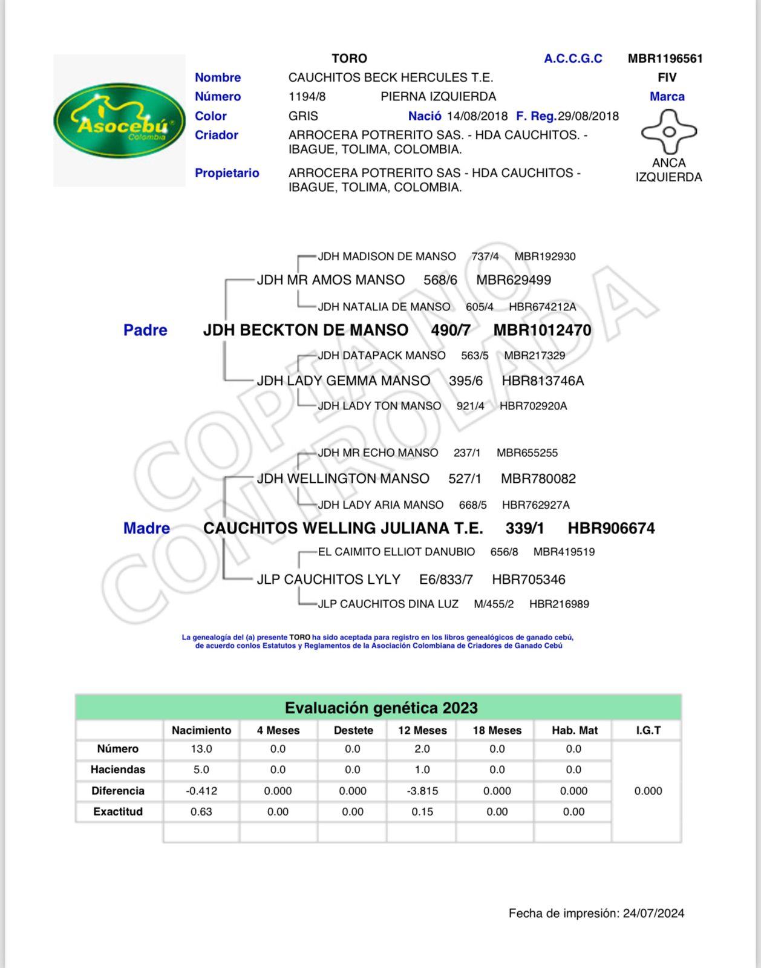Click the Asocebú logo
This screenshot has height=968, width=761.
click(x=119, y=120)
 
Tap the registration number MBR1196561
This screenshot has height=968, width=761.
click(x=665, y=59)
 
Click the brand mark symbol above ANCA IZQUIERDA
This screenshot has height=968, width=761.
click(x=668, y=131)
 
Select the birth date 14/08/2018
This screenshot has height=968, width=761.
click(x=477, y=116)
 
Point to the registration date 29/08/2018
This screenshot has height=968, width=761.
click(x=588, y=116)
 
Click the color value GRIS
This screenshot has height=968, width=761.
click(x=303, y=116)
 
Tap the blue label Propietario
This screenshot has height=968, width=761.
click(x=227, y=173)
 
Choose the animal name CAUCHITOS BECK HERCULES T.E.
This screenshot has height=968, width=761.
click(x=391, y=77)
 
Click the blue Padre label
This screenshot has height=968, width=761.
click(x=145, y=330)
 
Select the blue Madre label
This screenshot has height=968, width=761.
click(x=146, y=529)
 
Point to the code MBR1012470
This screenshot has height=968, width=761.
click(x=542, y=330)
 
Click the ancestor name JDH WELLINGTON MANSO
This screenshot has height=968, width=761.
click(x=343, y=479)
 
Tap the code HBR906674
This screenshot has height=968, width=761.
click(x=611, y=529)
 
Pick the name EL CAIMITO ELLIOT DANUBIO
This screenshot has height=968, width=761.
click(x=396, y=552)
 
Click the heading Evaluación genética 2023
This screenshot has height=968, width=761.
click(x=381, y=708)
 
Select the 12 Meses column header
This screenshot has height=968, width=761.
click(x=422, y=731)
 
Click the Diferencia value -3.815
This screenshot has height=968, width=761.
click(x=422, y=791)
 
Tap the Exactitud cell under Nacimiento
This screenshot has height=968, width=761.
click(x=201, y=812)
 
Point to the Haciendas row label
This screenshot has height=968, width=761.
click(x=118, y=770)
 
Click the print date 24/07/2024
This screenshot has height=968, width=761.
click(x=653, y=914)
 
